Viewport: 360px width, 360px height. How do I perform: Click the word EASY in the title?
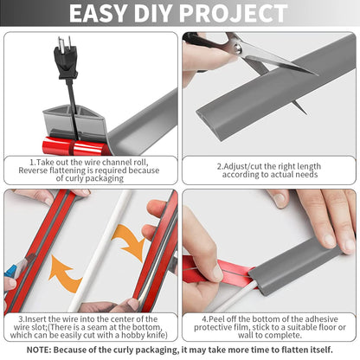(x=98, y=13)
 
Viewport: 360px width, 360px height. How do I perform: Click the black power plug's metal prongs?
(x=64, y=42)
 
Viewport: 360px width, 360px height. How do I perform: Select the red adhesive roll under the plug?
(x=75, y=147)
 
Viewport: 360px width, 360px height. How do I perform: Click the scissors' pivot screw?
(x=238, y=48)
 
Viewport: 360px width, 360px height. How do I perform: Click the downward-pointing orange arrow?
(x=130, y=241)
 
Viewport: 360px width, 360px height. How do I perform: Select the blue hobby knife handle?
(x=10, y=273)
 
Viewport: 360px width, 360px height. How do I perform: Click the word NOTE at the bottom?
(x=39, y=350)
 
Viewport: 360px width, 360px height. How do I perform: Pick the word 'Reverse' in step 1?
(x=33, y=170)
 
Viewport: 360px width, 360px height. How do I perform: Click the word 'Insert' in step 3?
(x=36, y=319)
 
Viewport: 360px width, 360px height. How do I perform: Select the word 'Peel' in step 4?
(x=216, y=319)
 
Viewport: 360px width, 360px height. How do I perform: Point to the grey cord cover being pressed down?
(x=297, y=266)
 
